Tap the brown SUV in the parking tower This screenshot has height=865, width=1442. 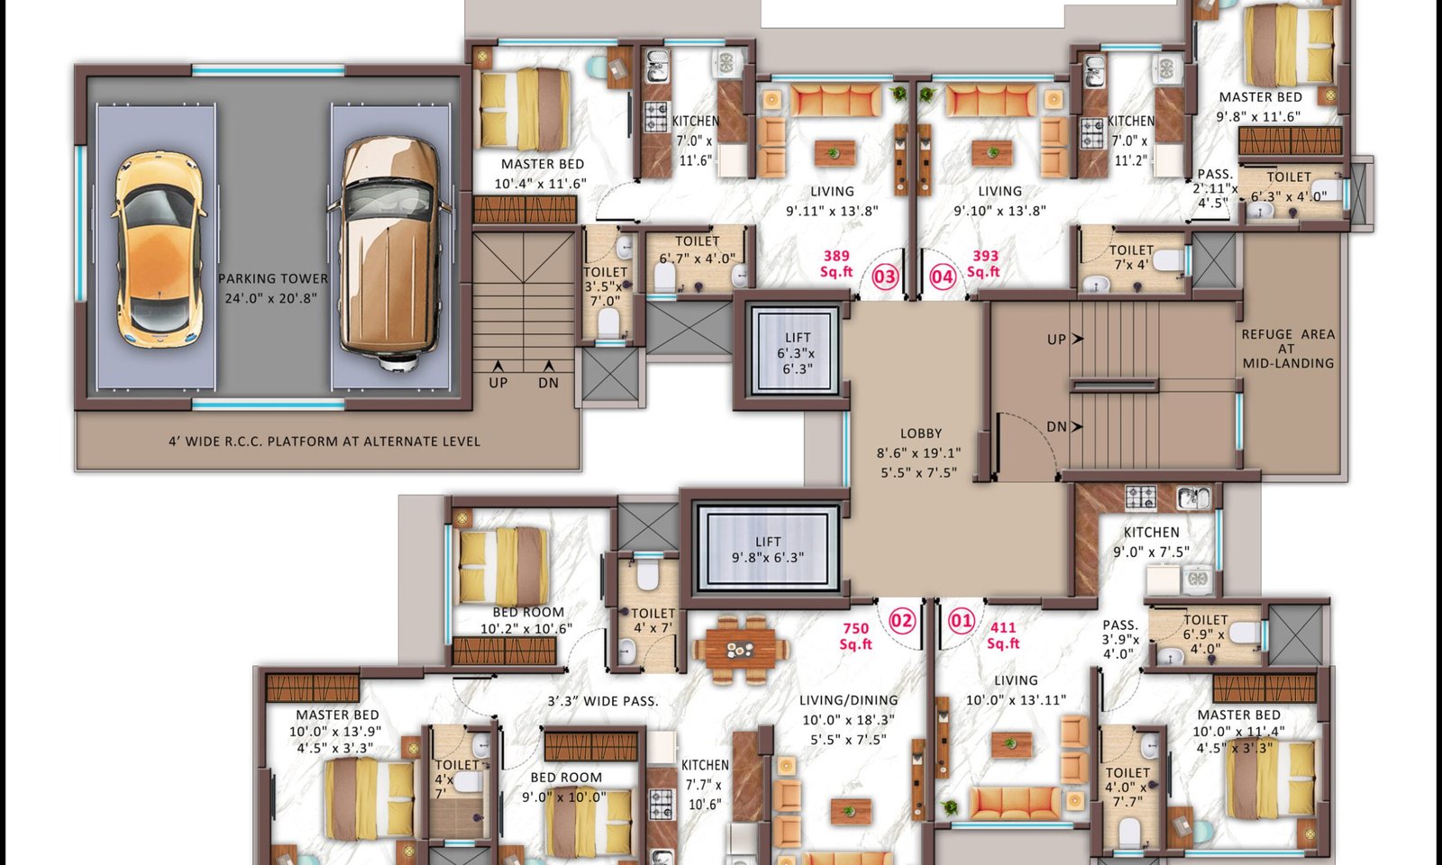pos(389,253)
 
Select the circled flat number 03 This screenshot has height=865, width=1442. pos(884,278)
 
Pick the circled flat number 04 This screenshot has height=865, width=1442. pos(943,278)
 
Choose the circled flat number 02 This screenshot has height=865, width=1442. pos(901,621)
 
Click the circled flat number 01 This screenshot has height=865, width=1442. pos(961,621)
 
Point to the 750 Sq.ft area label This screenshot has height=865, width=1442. pos(855,636)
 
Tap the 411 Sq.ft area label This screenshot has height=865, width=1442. pos(1003,635)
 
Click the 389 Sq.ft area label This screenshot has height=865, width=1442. pos(836,264)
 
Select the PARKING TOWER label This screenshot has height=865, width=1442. pos(273,278)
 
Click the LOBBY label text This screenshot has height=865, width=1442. pos(920,433)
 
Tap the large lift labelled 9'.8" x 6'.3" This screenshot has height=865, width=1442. pos(767,548)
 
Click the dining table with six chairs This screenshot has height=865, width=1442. pos(740,650)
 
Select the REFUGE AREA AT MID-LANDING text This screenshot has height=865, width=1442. pos(1288,349)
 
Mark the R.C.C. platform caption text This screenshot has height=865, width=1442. pos(324,442)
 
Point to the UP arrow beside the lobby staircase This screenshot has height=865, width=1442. pos(1077,339)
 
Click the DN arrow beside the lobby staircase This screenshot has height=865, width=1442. pos(1077,426)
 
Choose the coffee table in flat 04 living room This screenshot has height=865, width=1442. pos(992,153)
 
